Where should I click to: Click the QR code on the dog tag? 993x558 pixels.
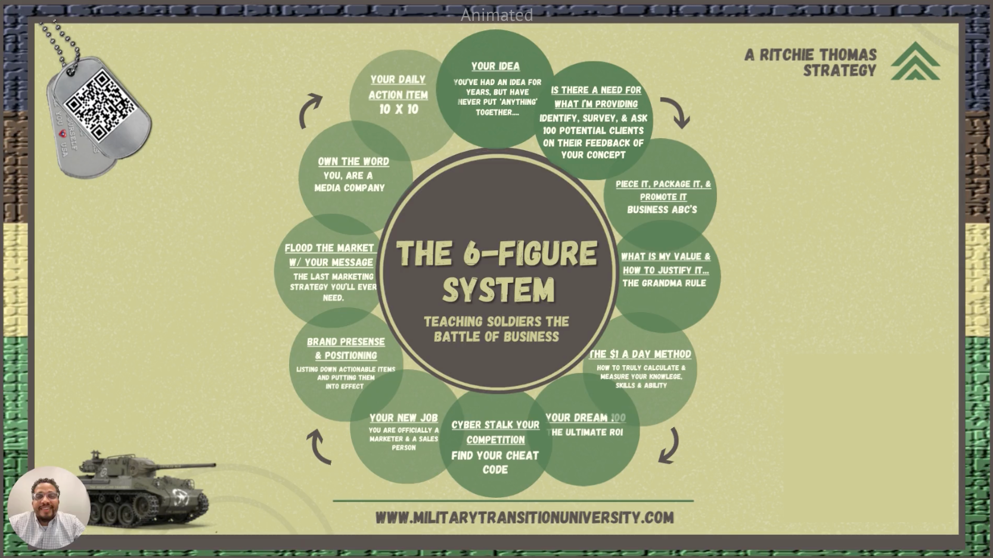[x=100, y=105]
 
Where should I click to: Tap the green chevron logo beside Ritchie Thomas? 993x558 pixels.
[x=915, y=61]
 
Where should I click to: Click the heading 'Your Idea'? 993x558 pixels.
[x=495, y=66]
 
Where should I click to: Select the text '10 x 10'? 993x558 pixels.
[x=399, y=109]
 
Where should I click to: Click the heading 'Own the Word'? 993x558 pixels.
[x=353, y=161]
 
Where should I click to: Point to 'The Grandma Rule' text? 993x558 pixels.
[x=664, y=283]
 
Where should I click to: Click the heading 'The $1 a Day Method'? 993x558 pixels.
[x=641, y=354]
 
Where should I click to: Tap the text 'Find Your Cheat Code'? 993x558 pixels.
[x=495, y=462]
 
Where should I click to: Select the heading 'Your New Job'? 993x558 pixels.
[x=404, y=417]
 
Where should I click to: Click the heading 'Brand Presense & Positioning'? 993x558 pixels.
[x=346, y=348]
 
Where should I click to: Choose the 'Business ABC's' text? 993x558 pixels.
[x=662, y=210]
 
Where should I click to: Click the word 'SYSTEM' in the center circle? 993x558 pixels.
[x=498, y=290]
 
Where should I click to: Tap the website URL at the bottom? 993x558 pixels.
[x=525, y=518]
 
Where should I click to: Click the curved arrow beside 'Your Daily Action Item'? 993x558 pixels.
[x=310, y=111]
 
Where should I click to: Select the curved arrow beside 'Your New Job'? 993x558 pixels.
[x=319, y=447]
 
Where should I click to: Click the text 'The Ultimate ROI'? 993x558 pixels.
[x=587, y=432]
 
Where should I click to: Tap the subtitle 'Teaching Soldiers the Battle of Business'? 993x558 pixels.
[x=496, y=329]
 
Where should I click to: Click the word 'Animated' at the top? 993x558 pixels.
[x=496, y=15]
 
